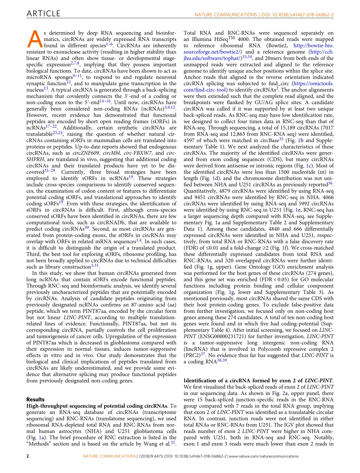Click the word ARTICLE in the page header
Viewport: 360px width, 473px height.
(x=44, y=14)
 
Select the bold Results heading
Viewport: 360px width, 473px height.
(x=35, y=400)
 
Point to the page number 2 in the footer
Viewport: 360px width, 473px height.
(x=28, y=456)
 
